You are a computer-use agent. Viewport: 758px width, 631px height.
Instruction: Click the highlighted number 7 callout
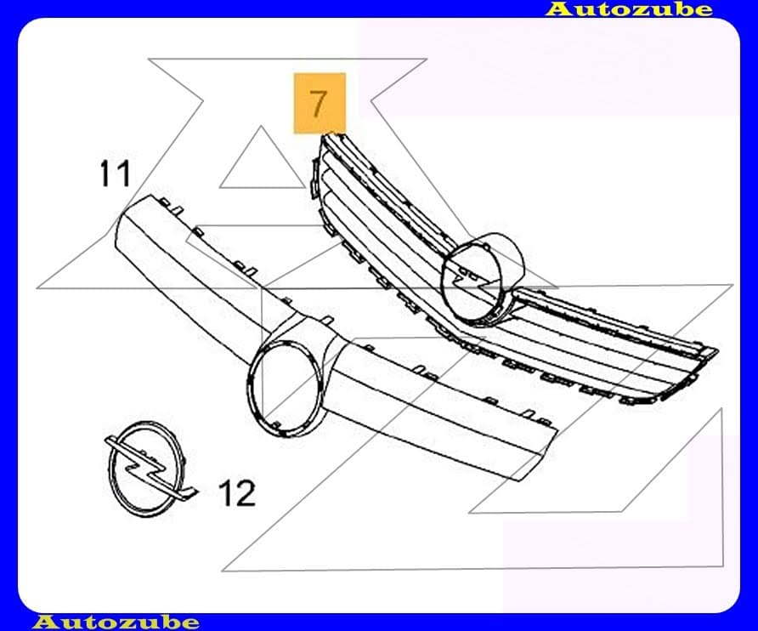pos(320,103)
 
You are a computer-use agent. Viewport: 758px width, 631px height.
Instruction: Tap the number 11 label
pos(115,173)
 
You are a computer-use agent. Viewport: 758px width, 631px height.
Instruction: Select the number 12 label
pos(237,493)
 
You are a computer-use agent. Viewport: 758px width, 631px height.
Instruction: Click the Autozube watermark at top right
pos(630,9)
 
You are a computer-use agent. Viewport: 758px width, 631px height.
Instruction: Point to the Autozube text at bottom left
pos(116,622)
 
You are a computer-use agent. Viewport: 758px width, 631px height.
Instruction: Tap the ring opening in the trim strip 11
pos(286,382)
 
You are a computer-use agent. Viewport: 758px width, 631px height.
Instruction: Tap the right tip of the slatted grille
pos(717,350)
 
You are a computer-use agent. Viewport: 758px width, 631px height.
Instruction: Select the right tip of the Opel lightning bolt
pos(198,491)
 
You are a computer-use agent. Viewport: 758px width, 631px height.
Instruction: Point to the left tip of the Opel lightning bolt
pos(106,440)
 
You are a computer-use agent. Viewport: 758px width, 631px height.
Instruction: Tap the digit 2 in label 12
pos(246,493)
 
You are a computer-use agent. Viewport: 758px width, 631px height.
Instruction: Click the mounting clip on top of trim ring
pos(327,320)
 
